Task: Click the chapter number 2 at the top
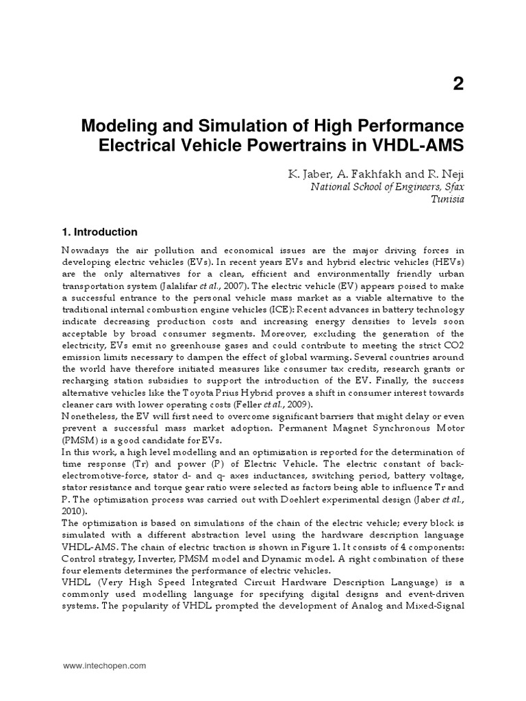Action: point(458,84)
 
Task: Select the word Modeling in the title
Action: point(114,127)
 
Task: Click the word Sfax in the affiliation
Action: point(452,187)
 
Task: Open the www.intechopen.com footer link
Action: point(104,665)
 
